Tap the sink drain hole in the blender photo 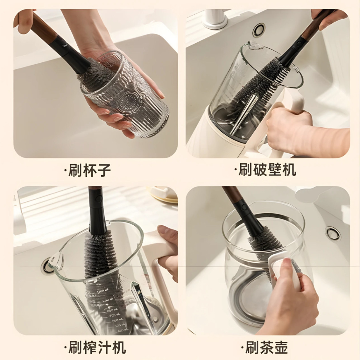(259, 28)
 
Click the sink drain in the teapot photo (333, 233)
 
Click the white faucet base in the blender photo (217, 19)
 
